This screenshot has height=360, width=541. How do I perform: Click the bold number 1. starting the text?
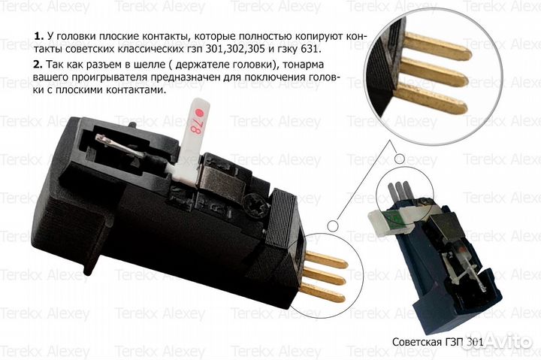pyautogui.click(x=38, y=36)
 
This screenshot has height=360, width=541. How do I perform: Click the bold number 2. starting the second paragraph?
pyautogui.click(x=38, y=65)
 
